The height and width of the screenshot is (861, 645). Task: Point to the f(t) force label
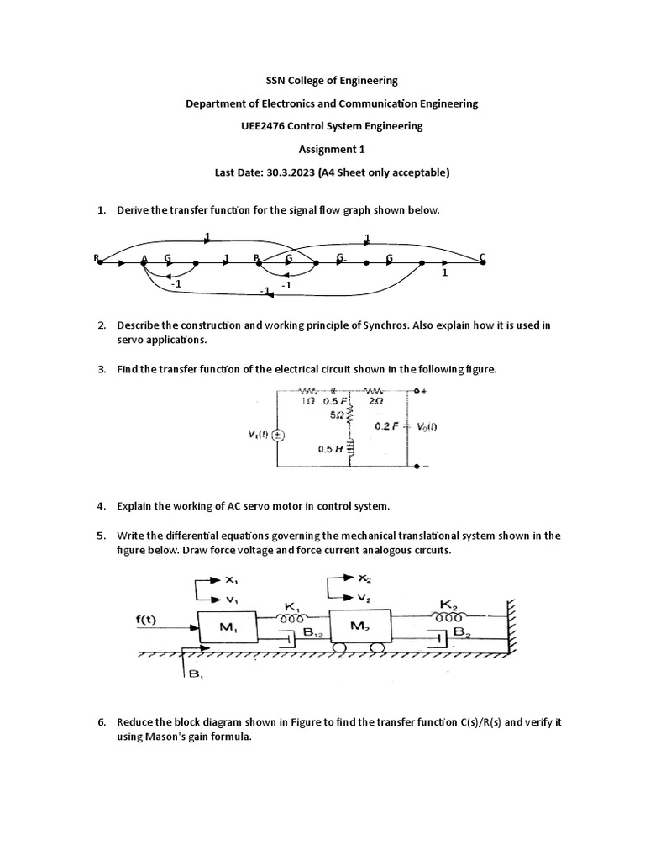(x=147, y=621)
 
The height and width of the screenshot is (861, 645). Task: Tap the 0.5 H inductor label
(x=330, y=449)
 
